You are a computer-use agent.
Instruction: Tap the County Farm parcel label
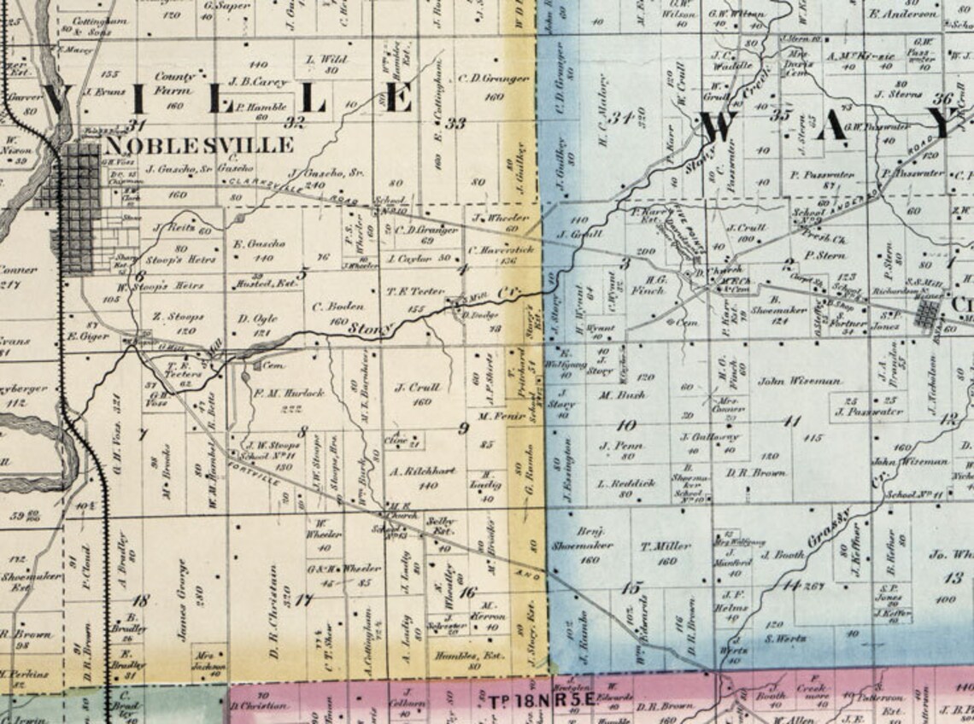pos(174,83)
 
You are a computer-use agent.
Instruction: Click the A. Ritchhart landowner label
pos(423,470)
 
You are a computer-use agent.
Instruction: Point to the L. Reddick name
pos(626,482)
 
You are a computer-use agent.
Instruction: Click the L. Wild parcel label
pos(326,60)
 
